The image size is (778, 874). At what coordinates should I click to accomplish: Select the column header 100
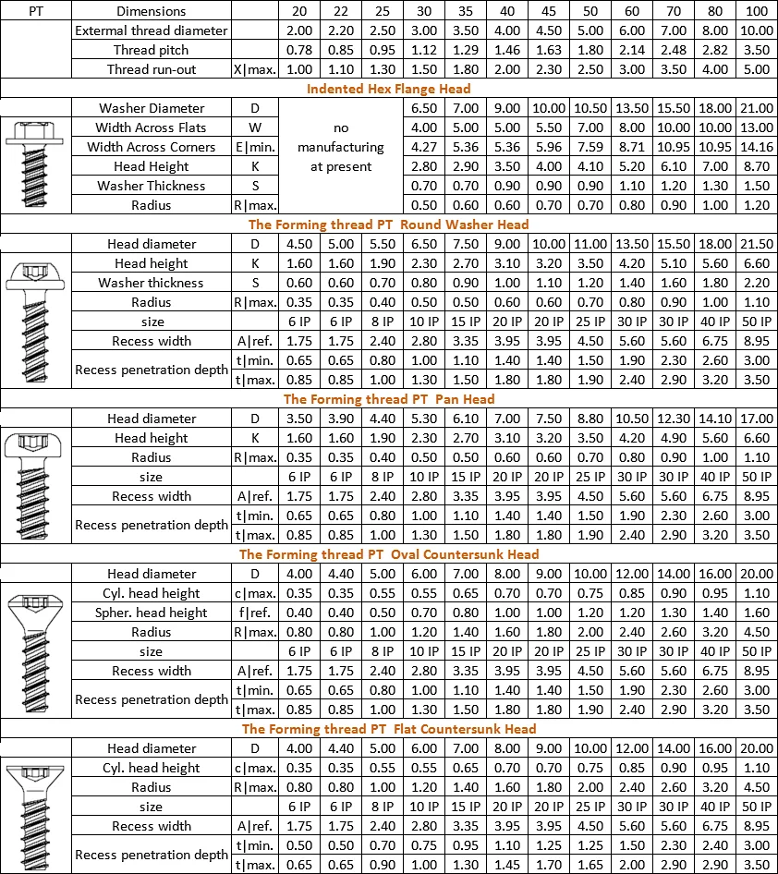click(756, 11)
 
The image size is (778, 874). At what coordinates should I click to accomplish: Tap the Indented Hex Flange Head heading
click(388, 89)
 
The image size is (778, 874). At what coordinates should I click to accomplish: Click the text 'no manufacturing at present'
click(340, 147)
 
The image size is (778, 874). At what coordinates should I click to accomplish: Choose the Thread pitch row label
click(151, 50)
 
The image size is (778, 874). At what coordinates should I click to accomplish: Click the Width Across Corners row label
click(151, 147)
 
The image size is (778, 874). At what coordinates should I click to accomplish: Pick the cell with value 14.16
click(756, 147)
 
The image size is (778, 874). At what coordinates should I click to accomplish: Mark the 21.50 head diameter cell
click(756, 244)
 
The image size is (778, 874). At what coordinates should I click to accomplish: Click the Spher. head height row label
click(151, 613)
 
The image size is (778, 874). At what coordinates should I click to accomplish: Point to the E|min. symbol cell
click(254, 147)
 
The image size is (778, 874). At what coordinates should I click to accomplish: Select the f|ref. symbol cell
click(254, 613)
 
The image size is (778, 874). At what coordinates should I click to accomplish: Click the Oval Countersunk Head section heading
click(388, 554)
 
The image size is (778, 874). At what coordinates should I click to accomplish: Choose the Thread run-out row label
click(151, 69)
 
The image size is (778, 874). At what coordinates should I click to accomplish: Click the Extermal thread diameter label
click(151, 30)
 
